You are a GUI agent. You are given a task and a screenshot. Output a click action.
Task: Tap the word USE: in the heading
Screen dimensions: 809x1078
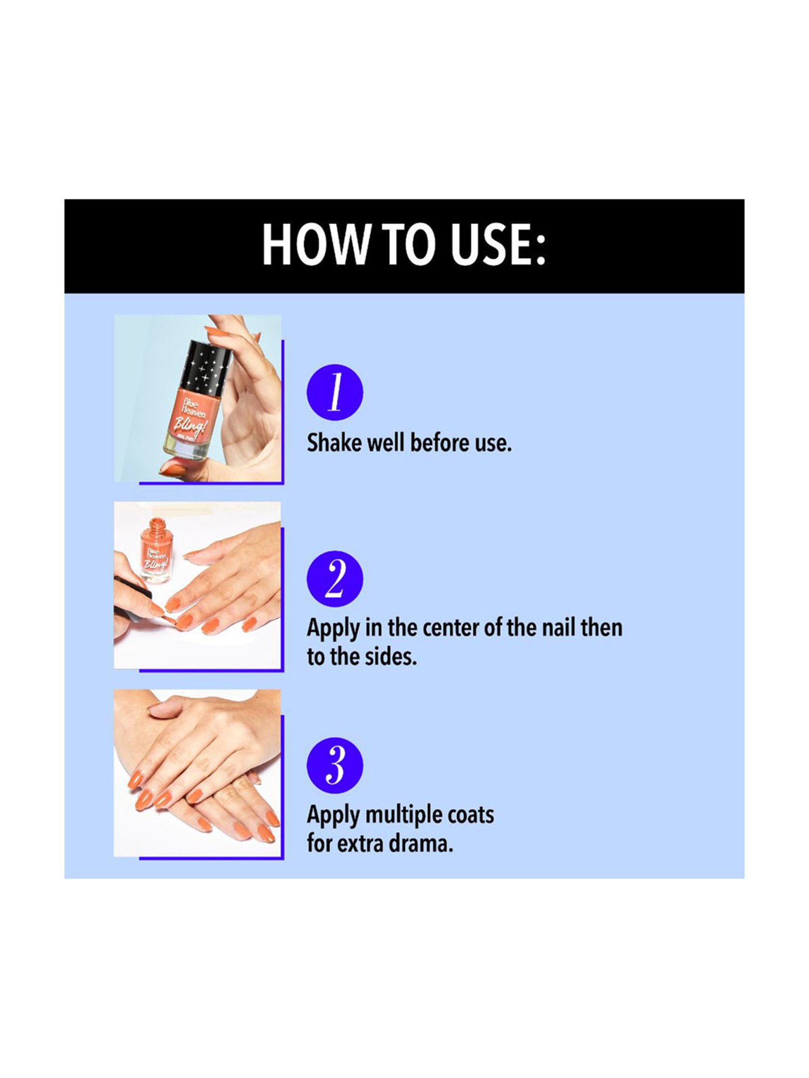(498, 245)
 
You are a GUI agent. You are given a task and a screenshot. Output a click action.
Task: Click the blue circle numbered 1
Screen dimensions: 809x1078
(335, 392)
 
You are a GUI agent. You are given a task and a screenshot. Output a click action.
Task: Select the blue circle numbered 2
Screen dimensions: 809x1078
(335, 579)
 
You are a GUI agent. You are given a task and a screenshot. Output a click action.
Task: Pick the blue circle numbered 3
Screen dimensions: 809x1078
(335, 765)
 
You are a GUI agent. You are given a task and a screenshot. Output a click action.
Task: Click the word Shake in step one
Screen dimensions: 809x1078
(334, 443)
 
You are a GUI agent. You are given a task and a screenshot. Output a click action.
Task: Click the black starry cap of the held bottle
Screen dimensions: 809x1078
(204, 367)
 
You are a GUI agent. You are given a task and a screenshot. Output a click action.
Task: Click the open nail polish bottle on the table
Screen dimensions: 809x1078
(156, 551)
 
